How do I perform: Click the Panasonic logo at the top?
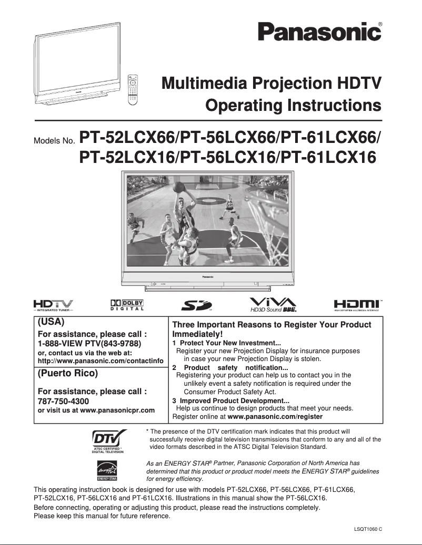[319, 32]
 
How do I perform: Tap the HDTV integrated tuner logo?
[53, 305]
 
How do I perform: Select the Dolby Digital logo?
[127, 305]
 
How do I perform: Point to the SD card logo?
[196, 305]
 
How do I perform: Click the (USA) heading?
[52, 321]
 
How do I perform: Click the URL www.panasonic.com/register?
[275, 416]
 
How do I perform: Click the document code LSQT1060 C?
[368, 528]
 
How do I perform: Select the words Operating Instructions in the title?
[293, 105]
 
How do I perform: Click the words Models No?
[55, 141]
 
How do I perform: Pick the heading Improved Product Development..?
[234, 400]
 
